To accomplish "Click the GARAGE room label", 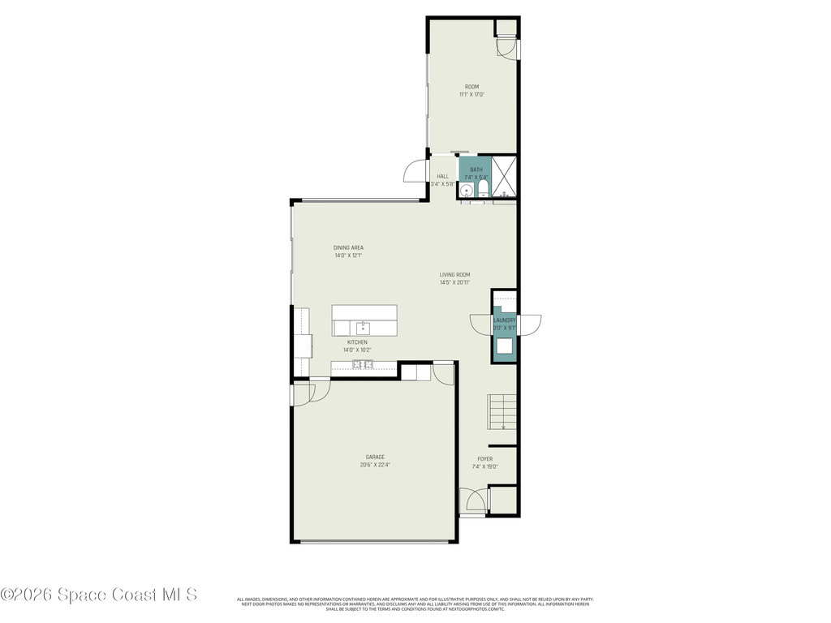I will coord(374,457).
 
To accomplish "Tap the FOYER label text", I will coord(484,459).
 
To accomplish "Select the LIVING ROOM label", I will coord(455,274).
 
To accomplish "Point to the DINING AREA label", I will coord(348,247).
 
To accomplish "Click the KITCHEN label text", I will coord(357,342).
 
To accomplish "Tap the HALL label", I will coord(442,176).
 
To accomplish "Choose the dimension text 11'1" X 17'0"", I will coord(471,95).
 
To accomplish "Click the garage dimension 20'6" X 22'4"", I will coord(374,465).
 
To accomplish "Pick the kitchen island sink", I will coord(363,328).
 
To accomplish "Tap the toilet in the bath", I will coord(484,190).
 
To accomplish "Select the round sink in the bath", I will coord(467,191).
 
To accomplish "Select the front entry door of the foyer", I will coord(472,501).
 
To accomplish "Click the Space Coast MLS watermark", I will coord(99,595).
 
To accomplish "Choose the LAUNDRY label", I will coord(504,320).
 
